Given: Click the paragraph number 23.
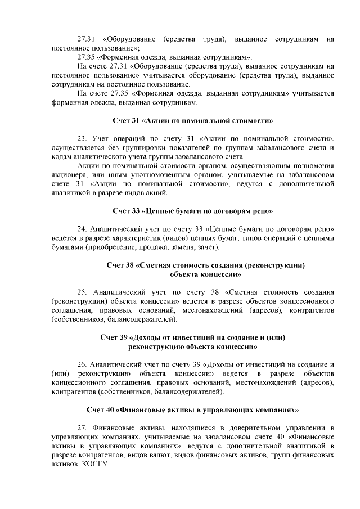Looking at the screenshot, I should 82,139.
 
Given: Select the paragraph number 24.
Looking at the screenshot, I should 82,229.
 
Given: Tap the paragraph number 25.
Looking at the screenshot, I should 82,292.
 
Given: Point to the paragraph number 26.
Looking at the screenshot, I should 82,365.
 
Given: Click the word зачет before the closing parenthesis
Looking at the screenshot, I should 207,247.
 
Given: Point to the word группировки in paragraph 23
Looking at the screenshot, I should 139,148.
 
